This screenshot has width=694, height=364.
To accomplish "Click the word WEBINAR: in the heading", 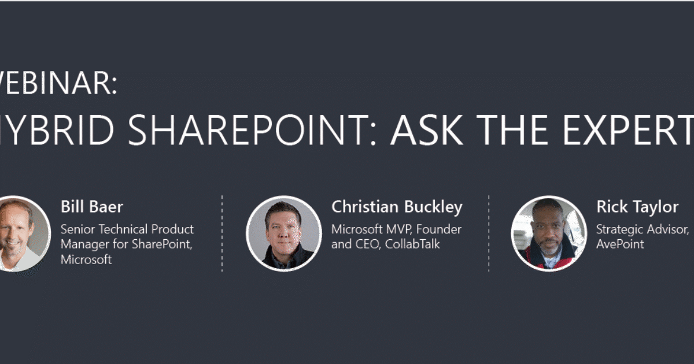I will click(x=58, y=84).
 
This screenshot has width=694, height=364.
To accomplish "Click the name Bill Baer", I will click(x=91, y=207).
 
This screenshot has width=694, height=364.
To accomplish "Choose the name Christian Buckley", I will click(x=397, y=207).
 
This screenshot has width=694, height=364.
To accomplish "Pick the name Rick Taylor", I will click(x=637, y=207).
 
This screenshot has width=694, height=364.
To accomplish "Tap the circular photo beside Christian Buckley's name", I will click(x=283, y=233).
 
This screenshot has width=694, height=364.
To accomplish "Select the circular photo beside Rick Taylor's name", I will click(x=548, y=233).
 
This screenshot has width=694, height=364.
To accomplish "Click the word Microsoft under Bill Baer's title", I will click(x=86, y=259).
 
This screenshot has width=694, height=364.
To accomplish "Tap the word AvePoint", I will click(x=620, y=244).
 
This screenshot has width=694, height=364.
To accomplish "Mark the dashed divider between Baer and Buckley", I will click(x=222, y=233).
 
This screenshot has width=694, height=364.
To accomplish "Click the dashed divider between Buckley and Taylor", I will click(x=489, y=233).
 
